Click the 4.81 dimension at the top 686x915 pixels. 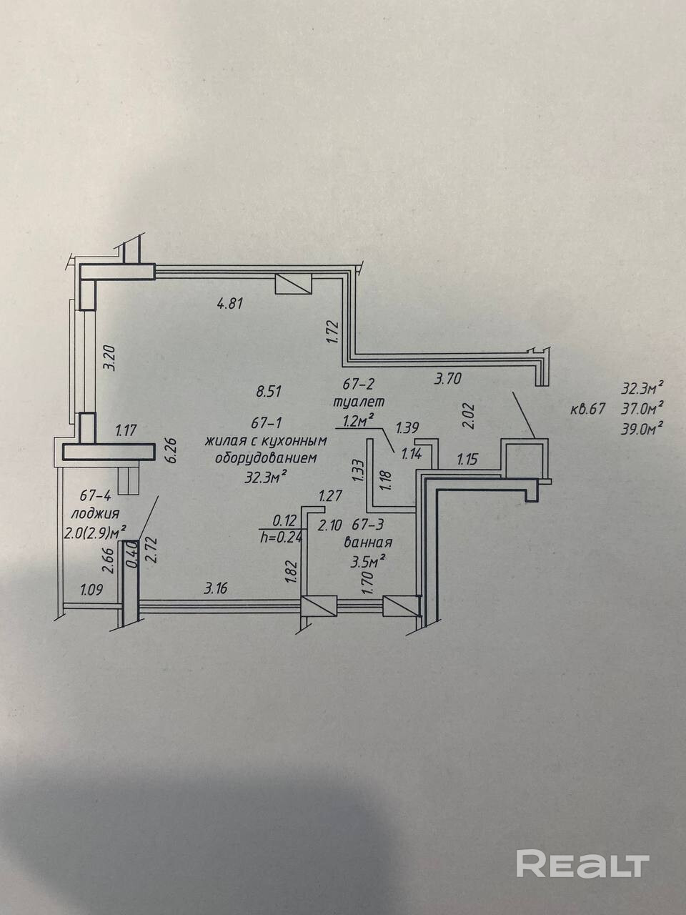232,302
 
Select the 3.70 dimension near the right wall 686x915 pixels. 449,380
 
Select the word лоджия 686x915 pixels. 94,513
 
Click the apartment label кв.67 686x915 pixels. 588,410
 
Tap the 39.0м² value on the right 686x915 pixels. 642,427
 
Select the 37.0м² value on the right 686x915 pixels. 642,408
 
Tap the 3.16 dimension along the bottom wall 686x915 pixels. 219,588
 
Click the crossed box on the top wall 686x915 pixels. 294,284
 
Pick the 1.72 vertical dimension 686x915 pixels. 332,332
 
